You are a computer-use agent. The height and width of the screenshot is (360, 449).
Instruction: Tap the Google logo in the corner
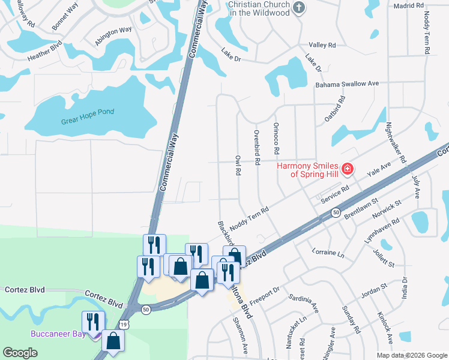tap(20, 353)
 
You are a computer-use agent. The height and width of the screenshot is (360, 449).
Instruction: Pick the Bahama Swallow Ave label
tap(348, 84)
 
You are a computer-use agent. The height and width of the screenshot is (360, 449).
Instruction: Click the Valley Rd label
tap(322, 45)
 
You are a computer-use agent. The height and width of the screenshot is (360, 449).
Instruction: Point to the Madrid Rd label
tap(409, 5)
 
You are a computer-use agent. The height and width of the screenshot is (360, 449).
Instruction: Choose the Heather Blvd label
tap(45, 54)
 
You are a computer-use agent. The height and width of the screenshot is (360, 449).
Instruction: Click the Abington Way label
tap(113, 36)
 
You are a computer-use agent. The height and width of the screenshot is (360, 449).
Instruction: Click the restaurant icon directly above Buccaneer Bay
tap(94, 321)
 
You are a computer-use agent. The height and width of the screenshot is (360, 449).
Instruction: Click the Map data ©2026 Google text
tap(411, 355)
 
